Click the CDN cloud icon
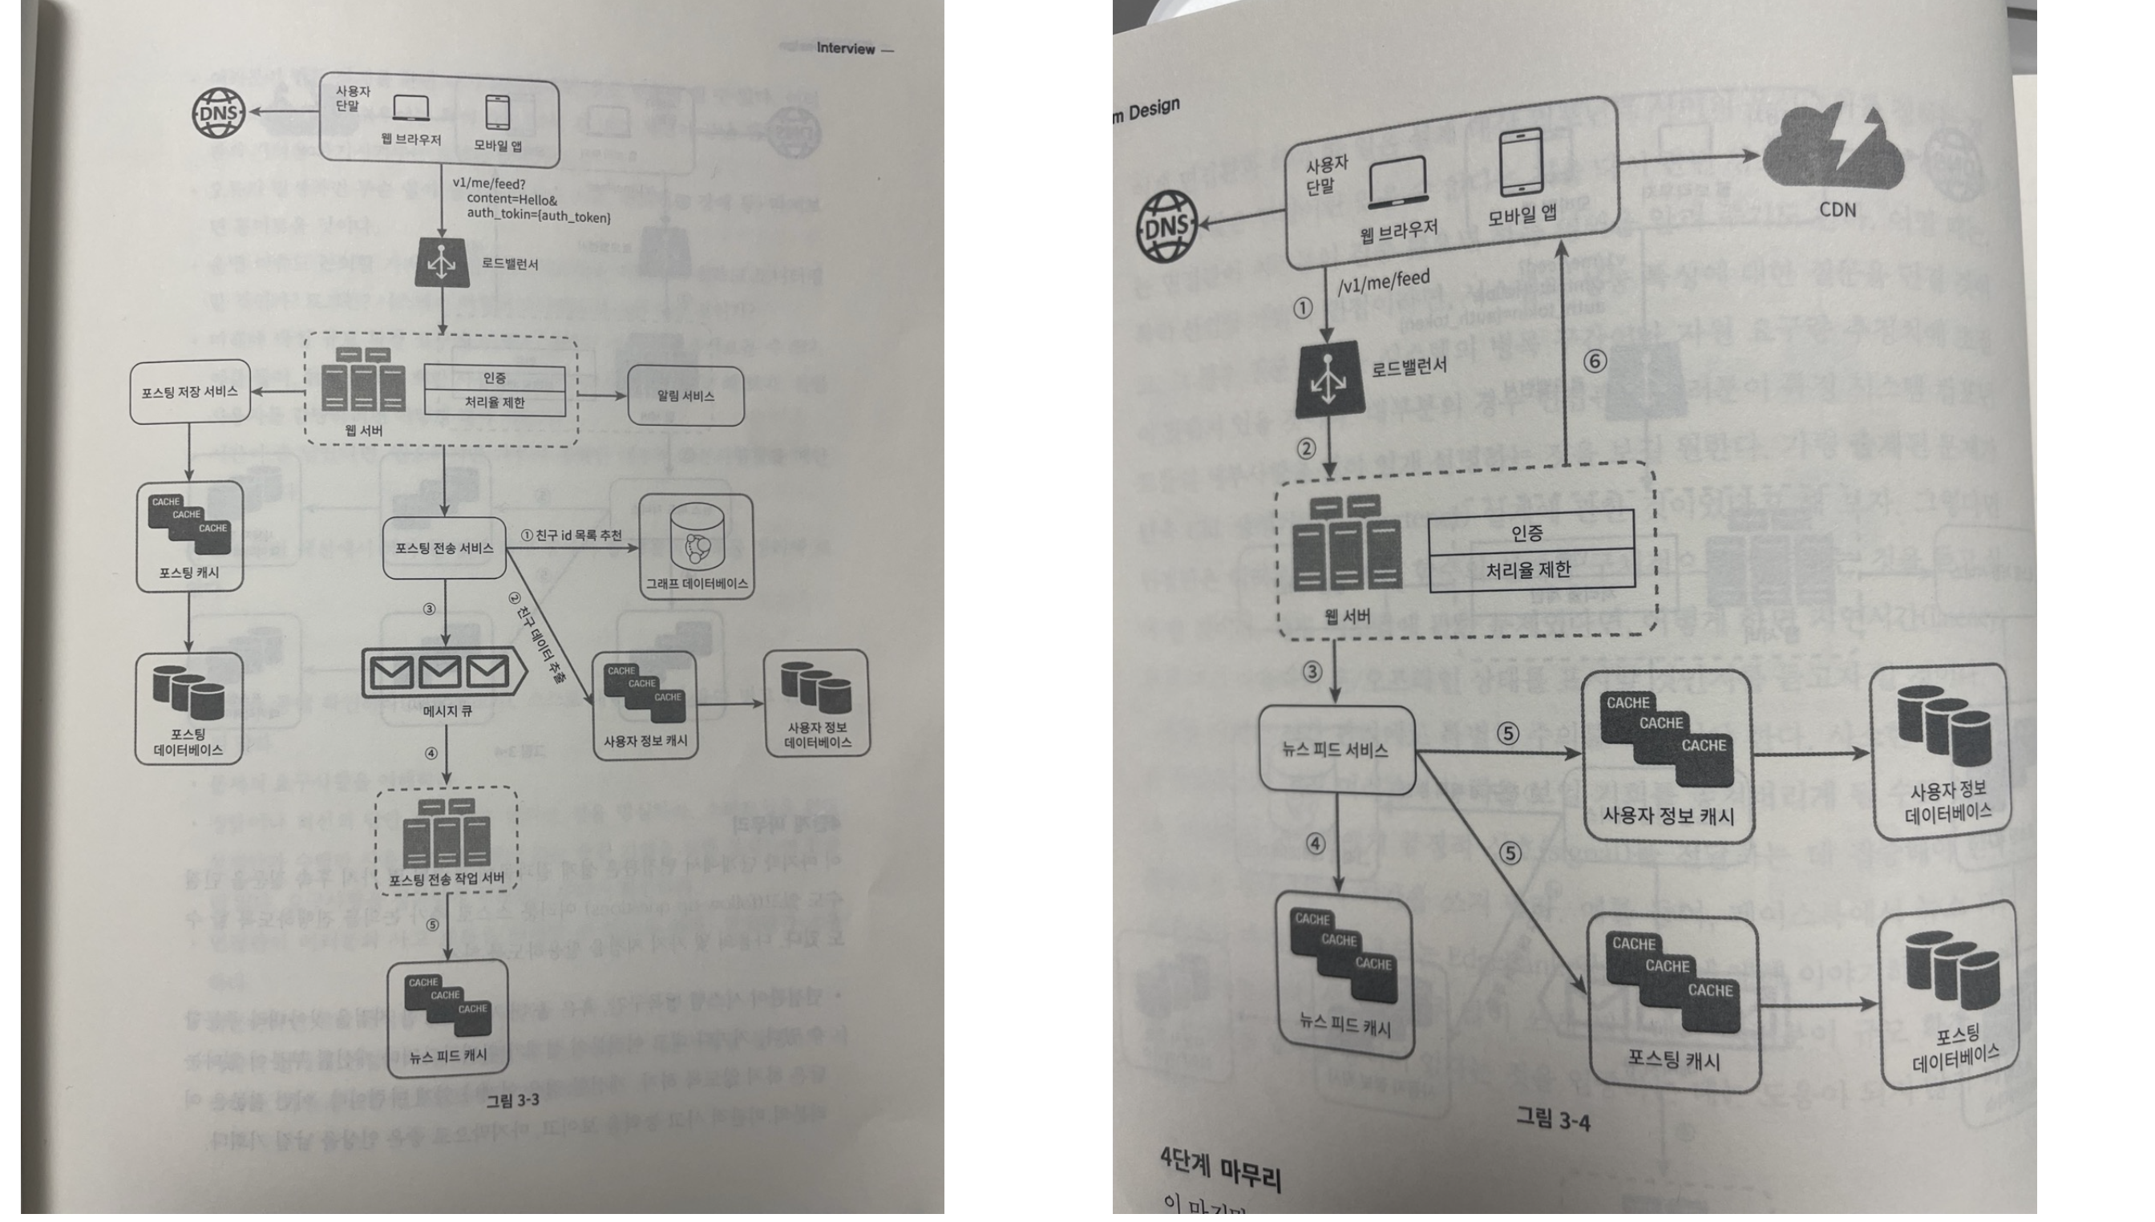coord(1833,156)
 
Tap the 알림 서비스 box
coord(685,396)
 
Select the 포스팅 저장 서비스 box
coord(190,392)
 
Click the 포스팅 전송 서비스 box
coord(444,548)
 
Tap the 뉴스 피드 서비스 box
coord(1336,750)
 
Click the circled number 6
coord(1595,362)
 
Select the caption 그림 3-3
coord(513,1099)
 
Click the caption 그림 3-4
coord(1552,1119)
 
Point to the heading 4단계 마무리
coord(1221,1169)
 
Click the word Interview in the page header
coord(845,49)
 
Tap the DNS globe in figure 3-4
coord(1166,226)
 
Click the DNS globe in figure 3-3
coord(219,113)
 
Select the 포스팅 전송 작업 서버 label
coord(447,879)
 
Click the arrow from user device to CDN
coord(1687,158)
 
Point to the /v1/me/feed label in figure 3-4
coord(1384,282)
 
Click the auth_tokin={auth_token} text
coord(538,217)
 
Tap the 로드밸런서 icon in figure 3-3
coord(442,264)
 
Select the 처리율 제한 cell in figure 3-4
coord(1528,571)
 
